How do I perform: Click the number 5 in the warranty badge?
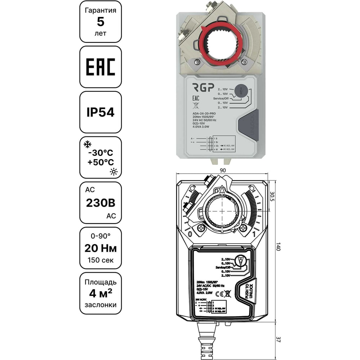(x=100, y=22)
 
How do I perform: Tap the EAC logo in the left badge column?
(x=100, y=67)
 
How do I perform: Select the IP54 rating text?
(x=100, y=112)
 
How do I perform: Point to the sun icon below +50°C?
(x=114, y=172)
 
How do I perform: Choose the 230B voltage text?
(x=100, y=203)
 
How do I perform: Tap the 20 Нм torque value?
(x=100, y=248)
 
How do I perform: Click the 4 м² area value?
(x=100, y=293)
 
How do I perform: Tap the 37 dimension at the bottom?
(x=278, y=339)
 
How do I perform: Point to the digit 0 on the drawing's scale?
(x=189, y=234)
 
